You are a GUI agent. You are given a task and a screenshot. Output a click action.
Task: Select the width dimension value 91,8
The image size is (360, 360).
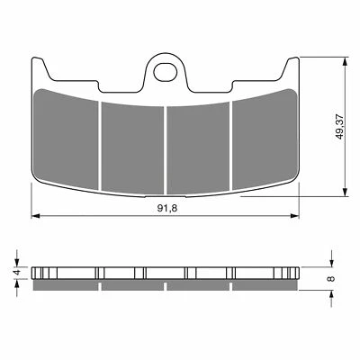[x=166, y=206]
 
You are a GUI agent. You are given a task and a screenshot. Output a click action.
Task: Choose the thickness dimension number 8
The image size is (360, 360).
[x=332, y=279]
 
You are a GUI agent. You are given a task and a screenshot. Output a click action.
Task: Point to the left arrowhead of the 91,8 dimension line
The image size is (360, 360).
[x=36, y=216]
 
